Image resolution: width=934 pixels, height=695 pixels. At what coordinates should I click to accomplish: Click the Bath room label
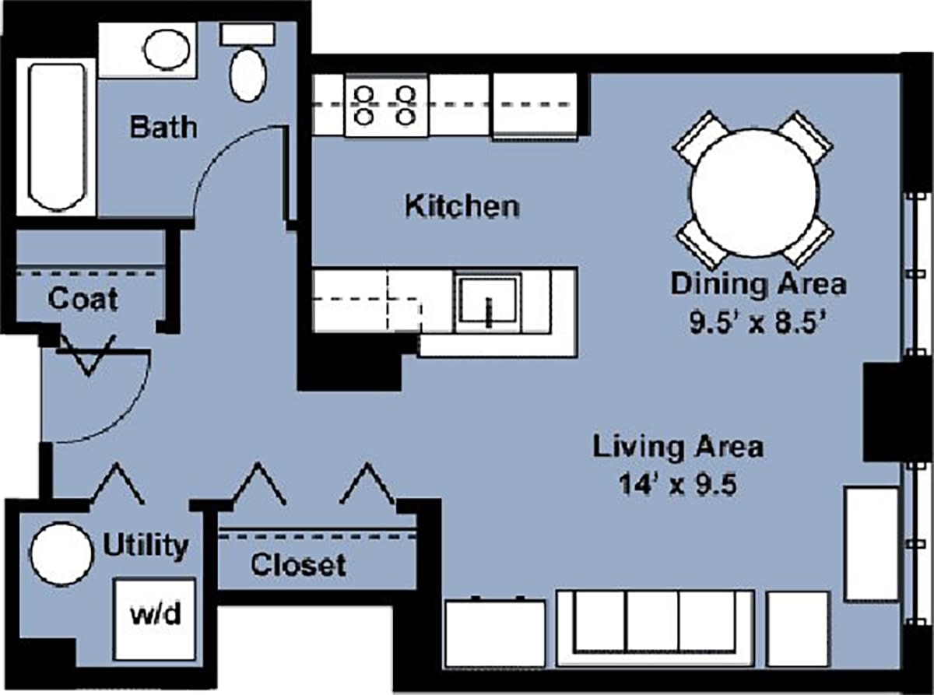pyautogui.click(x=163, y=126)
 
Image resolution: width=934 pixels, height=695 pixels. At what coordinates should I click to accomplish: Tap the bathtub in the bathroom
pyautogui.click(x=55, y=137)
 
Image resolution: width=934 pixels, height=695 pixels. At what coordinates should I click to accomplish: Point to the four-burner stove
pyautogui.click(x=385, y=106)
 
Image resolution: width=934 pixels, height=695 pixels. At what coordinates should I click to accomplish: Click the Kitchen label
pyautogui.click(x=462, y=207)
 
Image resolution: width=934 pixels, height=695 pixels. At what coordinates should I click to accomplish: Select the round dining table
pyautogui.click(x=753, y=191)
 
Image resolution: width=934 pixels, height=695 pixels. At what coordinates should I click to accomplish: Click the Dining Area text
pyautogui.click(x=758, y=284)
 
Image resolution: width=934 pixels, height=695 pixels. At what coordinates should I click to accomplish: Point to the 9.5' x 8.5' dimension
pyautogui.click(x=758, y=321)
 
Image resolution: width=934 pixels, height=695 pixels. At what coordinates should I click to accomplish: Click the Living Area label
pyautogui.click(x=678, y=448)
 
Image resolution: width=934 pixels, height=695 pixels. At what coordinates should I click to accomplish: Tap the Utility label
pyautogui.click(x=146, y=546)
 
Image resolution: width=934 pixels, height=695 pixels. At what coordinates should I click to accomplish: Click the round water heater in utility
pyautogui.click(x=61, y=553)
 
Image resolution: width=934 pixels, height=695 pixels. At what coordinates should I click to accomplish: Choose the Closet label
pyautogui.click(x=298, y=564)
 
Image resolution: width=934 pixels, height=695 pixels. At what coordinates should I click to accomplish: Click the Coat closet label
pyautogui.click(x=83, y=299)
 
